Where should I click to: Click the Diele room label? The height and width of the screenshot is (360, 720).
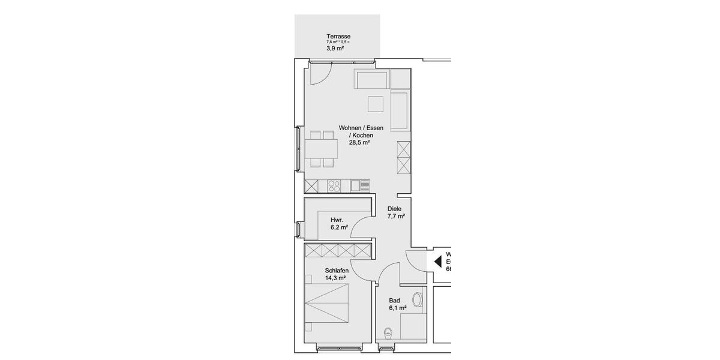(x=394, y=209)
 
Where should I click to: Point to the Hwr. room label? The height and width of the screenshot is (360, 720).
(x=337, y=220)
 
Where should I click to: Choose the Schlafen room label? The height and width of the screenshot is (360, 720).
(x=337, y=271)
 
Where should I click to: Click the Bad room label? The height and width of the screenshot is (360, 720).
(x=394, y=301)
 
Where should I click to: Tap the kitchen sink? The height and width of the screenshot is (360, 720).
(x=360, y=186)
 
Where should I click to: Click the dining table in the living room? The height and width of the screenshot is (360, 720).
(x=322, y=148)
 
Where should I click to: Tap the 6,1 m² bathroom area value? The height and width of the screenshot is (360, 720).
(x=398, y=308)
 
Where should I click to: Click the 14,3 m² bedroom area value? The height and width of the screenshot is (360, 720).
(x=335, y=278)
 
